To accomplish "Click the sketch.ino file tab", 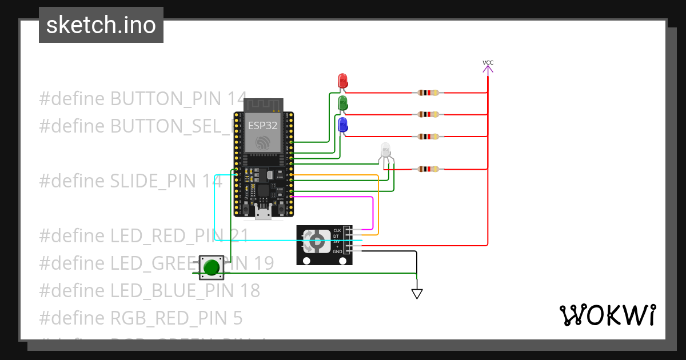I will tap(101, 25).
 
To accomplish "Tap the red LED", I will tap(342, 80).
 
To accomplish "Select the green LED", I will tap(343, 103).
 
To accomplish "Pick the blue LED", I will tap(343, 125).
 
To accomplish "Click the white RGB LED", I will tap(386, 151).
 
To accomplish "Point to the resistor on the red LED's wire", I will tap(428, 93).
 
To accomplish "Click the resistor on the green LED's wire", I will tap(428, 114).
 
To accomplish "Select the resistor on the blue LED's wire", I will tap(428, 137).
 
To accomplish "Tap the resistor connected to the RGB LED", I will tap(428, 169).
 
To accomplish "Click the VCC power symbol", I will tap(488, 67).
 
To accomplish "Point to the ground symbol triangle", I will tap(417, 294).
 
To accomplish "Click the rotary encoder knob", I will tap(315, 242).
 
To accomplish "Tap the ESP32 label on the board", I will tap(262, 125).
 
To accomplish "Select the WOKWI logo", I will tap(607, 315).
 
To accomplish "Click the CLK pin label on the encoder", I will tap(337, 230).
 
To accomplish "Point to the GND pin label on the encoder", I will tap(337, 252).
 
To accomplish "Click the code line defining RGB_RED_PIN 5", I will tap(141, 317).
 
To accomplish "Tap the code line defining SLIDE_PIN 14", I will tap(130, 181).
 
